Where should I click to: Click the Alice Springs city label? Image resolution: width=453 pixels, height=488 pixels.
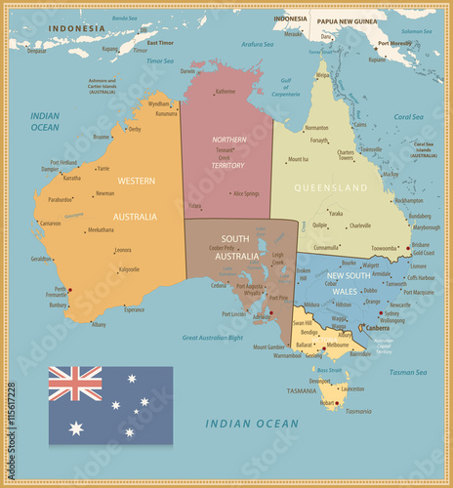click(x=245, y=193)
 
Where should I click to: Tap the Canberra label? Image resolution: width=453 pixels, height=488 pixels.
click(x=378, y=328)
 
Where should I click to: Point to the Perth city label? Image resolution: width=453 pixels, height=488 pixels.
click(x=61, y=289)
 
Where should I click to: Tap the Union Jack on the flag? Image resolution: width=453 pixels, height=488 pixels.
click(x=75, y=384)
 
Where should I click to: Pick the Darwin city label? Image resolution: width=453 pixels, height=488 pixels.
click(x=187, y=71)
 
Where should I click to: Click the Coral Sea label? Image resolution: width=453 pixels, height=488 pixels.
click(x=408, y=116)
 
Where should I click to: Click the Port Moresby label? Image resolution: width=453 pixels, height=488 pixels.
click(x=394, y=43)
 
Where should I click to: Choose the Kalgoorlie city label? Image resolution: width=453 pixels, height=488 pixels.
click(x=129, y=268)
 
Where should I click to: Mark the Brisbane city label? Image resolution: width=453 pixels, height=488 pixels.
click(x=421, y=244)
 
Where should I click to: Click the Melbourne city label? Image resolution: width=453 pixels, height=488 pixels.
click(x=338, y=345)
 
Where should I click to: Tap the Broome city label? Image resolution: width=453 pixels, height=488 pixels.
click(x=102, y=137)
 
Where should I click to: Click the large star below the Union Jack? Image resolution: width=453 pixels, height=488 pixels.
click(x=75, y=427)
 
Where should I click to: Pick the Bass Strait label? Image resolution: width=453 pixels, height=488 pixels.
click(x=329, y=370)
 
